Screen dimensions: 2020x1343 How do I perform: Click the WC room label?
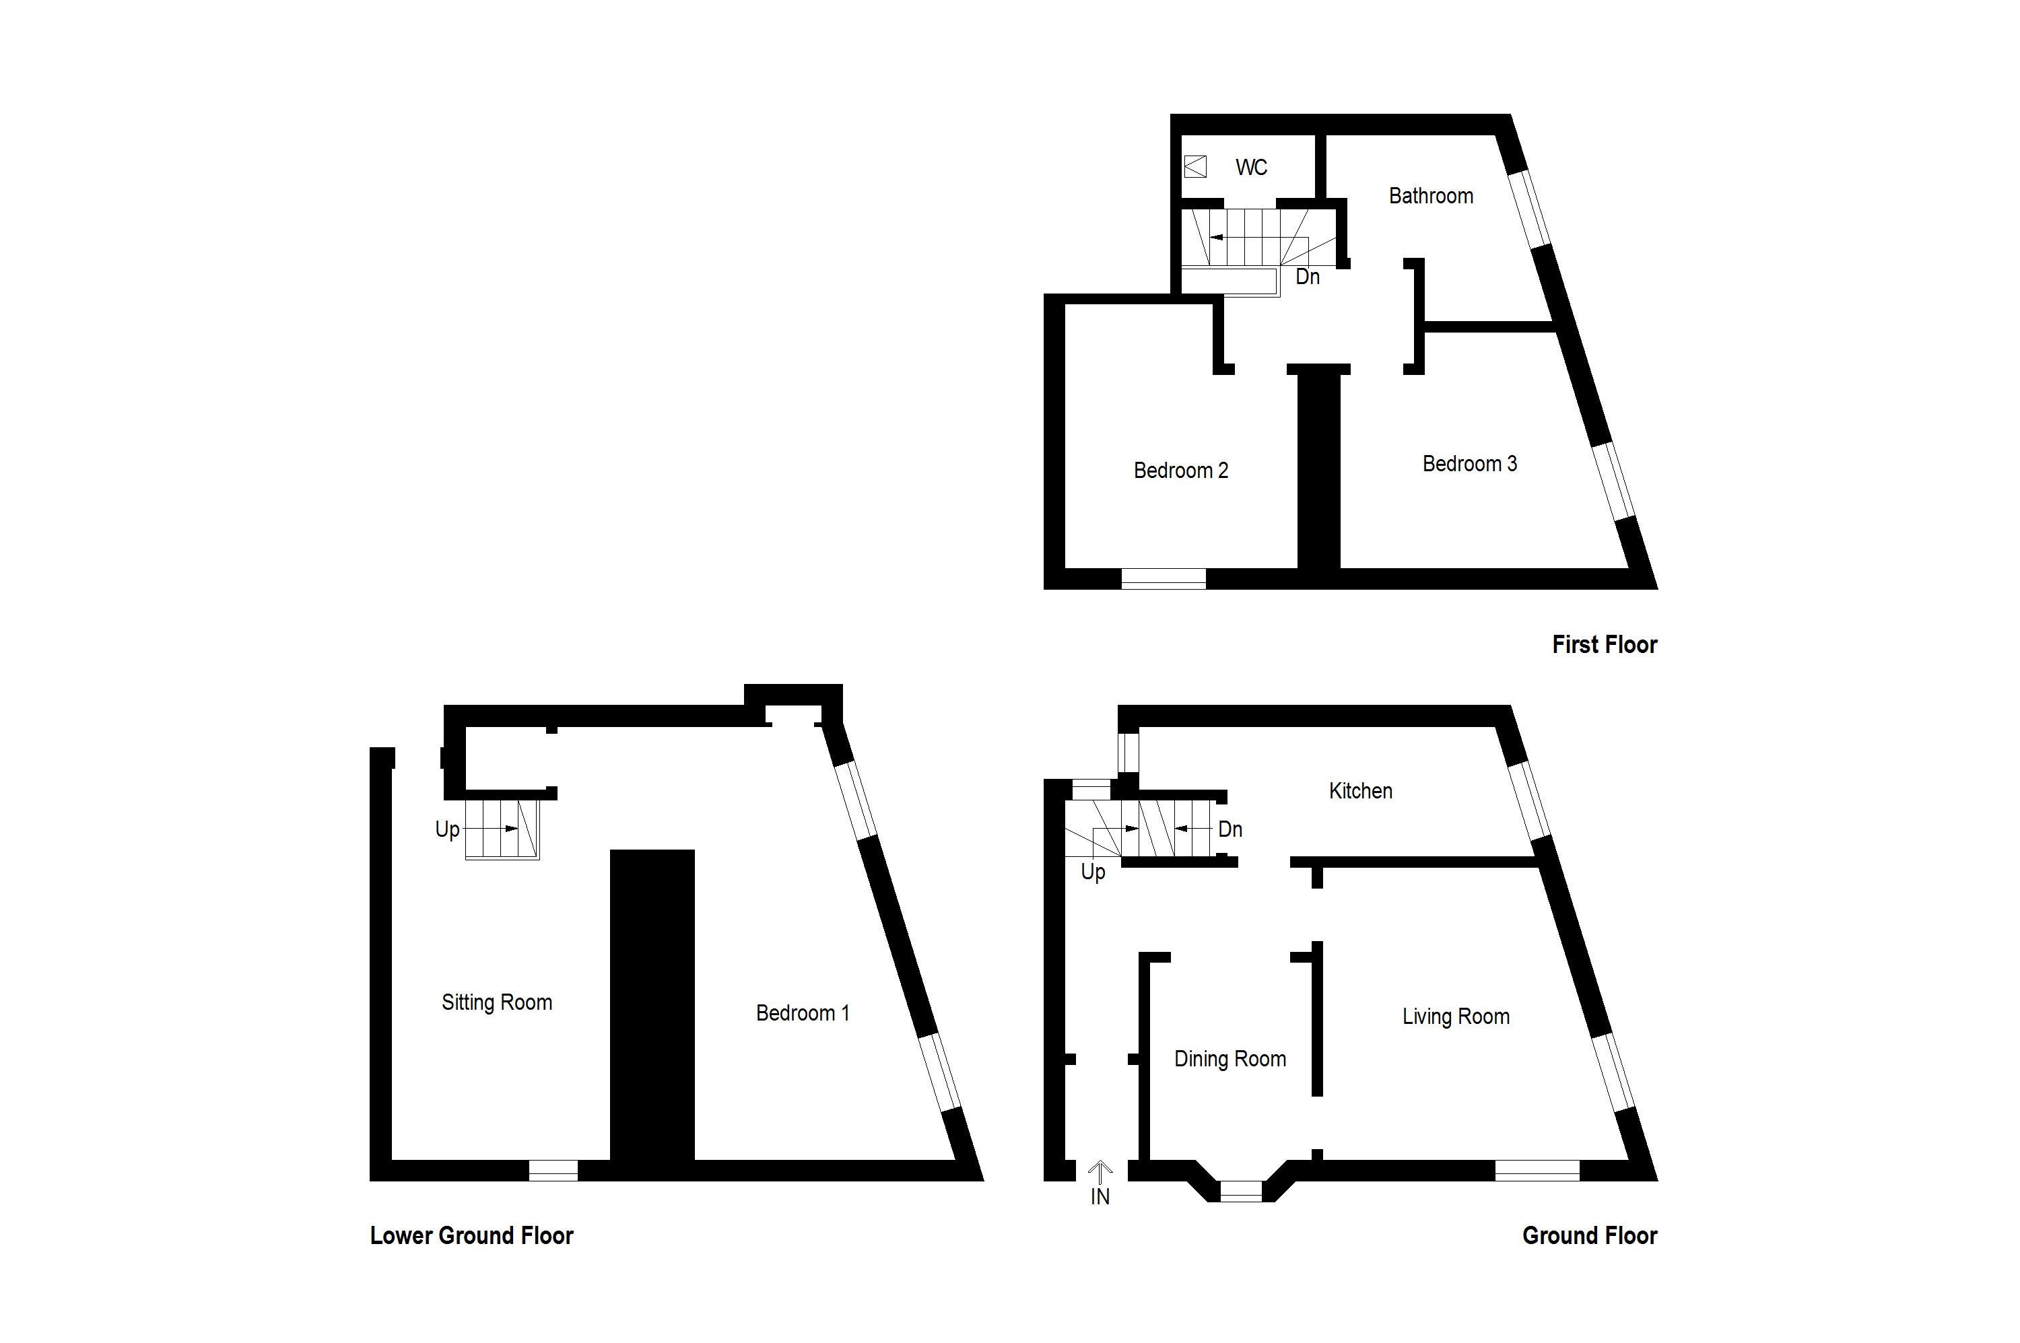click(1251, 167)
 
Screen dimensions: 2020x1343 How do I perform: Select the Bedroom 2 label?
click(1180, 471)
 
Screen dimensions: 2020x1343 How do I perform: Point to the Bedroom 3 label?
click(1469, 463)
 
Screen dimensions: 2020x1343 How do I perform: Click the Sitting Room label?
click(496, 1002)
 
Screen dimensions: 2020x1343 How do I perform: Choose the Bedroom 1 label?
click(802, 1013)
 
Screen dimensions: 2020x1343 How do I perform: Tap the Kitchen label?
click(1359, 790)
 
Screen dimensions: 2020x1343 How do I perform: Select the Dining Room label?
click(1230, 1059)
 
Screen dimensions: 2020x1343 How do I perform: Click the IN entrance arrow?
click(1100, 1169)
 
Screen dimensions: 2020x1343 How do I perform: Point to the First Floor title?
click(1604, 644)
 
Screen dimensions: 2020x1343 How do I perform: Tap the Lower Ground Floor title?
click(471, 1235)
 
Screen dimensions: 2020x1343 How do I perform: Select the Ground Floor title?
click(1589, 1235)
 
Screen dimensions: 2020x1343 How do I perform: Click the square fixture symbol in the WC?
click(1195, 166)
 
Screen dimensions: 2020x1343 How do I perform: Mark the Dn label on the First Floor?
click(1306, 277)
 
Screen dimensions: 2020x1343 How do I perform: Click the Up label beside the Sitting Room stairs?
click(446, 829)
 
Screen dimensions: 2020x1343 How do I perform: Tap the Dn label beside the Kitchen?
click(1230, 829)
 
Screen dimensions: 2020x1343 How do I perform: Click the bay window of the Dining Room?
click(1240, 1191)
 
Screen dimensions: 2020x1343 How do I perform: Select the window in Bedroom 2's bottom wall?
click(1164, 579)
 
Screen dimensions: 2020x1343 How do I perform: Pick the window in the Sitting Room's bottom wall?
click(553, 1170)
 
